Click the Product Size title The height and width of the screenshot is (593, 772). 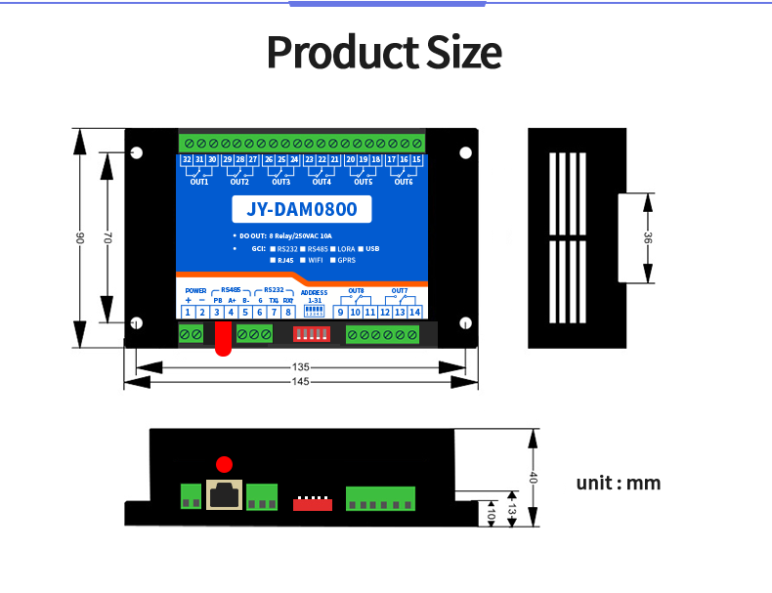[x=384, y=52]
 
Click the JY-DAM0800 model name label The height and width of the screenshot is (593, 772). [x=302, y=209]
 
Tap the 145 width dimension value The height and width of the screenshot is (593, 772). [x=301, y=381]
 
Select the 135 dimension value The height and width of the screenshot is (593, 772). [x=301, y=367]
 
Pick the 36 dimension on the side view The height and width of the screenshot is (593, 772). [x=646, y=238]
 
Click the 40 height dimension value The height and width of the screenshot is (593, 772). [x=534, y=478]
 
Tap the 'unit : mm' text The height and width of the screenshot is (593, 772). [x=619, y=483]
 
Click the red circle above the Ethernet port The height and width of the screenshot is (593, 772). [x=225, y=464]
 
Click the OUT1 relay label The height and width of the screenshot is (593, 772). [x=199, y=182]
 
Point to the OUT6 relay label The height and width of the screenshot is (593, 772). [x=404, y=182]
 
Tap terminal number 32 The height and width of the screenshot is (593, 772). [x=187, y=159]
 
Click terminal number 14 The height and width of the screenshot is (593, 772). [x=414, y=312]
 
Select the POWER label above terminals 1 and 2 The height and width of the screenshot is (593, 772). [x=194, y=291]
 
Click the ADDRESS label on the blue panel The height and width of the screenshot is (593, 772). [x=315, y=292]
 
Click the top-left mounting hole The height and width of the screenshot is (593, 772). [x=137, y=152]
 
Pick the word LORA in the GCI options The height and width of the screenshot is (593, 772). [x=347, y=249]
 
